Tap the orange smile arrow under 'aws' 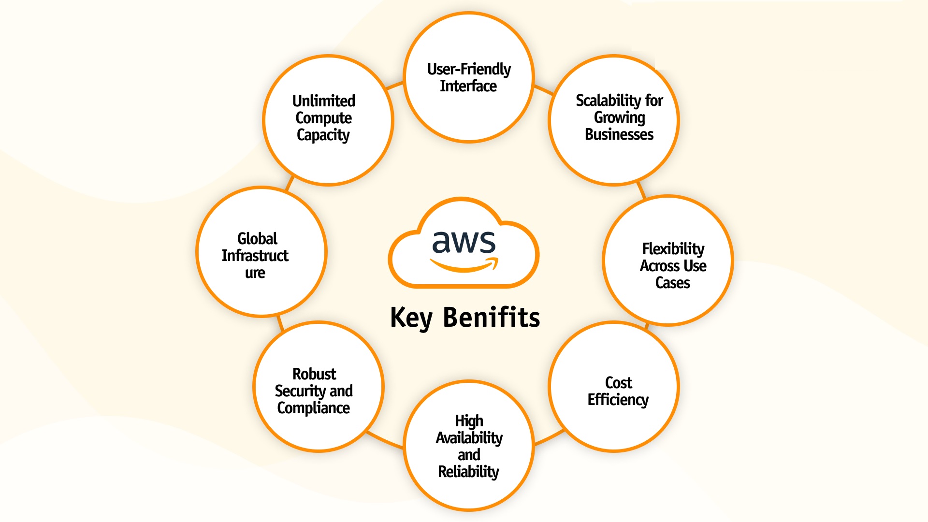[464, 265]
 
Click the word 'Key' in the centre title [411, 318]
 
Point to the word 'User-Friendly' [468, 69]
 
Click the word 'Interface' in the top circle [468, 86]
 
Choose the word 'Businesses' [619, 134]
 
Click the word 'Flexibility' [673, 249]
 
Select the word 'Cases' [672, 283]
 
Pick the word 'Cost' [618, 383]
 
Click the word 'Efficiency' [618, 400]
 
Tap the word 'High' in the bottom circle [468, 421]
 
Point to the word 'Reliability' [468, 472]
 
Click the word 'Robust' [314, 374]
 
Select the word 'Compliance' [313, 408]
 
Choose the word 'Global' [257, 239]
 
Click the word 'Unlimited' [323, 101]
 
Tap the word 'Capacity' [323, 135]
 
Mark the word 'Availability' [469, 438]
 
